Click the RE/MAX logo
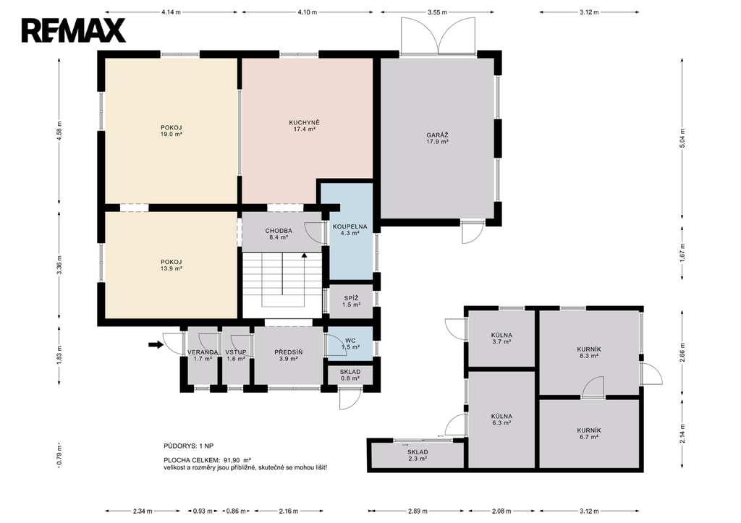tap(73, 30)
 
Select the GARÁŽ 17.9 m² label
tap(437, 138)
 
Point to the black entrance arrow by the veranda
tap(156, 345)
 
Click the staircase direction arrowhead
tap(305, 255)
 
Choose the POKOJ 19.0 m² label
tap(172, 131)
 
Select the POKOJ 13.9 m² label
tap(171, 265)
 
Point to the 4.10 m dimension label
tap(307, 12)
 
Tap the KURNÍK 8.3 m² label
tap(589, 352)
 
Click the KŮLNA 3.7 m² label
tap(501, 339)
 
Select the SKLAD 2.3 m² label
tap(418, 455)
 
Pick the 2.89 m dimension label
tap(418, 511)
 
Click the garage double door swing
tap(438, 35)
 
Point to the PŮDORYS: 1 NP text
tap(188, 446)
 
